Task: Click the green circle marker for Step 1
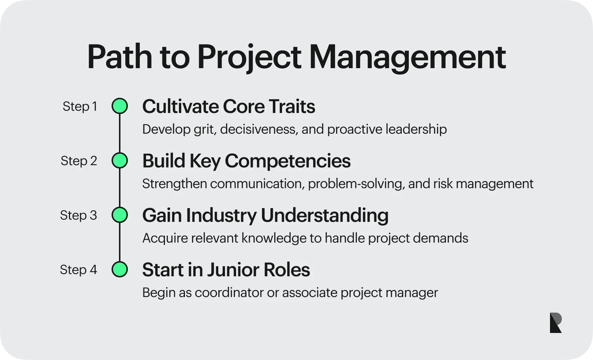(120, 106)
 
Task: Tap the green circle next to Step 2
(120, 160)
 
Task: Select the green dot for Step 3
(120, 215)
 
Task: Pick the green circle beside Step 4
(120, 269)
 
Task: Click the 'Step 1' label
(80, 107)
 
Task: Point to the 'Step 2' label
(79, 161)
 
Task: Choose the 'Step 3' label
(79, 215)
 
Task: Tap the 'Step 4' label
(78, 270)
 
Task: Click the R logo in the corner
(556, 323)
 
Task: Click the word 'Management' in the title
(407, 58)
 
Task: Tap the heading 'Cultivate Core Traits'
(229, 106)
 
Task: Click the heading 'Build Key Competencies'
(246, 161)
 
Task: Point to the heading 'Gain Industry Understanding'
(265, 216)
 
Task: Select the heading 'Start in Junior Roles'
(226, 270)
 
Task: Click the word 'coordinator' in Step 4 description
(229, 293)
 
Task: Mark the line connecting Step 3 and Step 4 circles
(120, 242)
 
